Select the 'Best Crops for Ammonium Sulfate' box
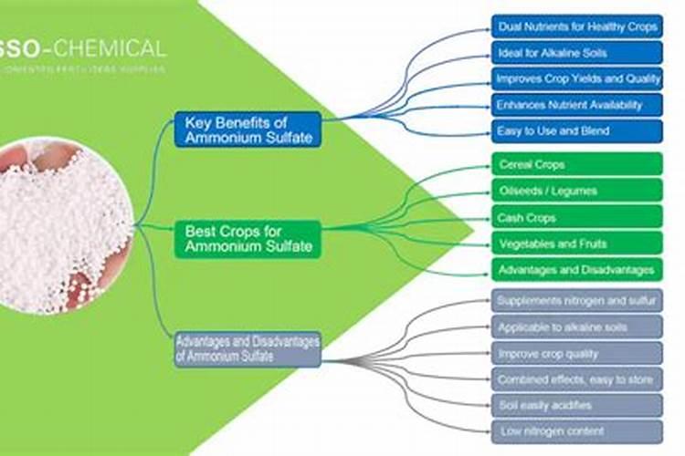tap(248, 239)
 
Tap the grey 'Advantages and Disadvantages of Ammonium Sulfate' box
tap(248, 349)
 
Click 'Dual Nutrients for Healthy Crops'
tap(577, 26)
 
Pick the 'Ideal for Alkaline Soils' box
tap(577, 53)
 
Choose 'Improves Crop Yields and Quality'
tap(577, 78)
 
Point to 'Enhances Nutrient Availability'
tap(577, 105)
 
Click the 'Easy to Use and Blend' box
tap(577, 131)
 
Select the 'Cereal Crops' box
tap(577, 165)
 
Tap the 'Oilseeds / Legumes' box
tap(577, 191)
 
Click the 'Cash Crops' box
tap(577, 218)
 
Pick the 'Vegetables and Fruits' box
tap(577, 244)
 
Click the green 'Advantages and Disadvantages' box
tap(577, 270)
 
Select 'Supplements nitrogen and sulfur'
tap(577, 300)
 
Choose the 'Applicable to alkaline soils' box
tap(577, 326)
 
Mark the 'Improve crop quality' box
tap(577, 353)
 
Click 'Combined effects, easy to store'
tap(577, 378)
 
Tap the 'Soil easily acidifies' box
tap(577, 405)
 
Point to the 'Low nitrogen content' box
tap(577, 430)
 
